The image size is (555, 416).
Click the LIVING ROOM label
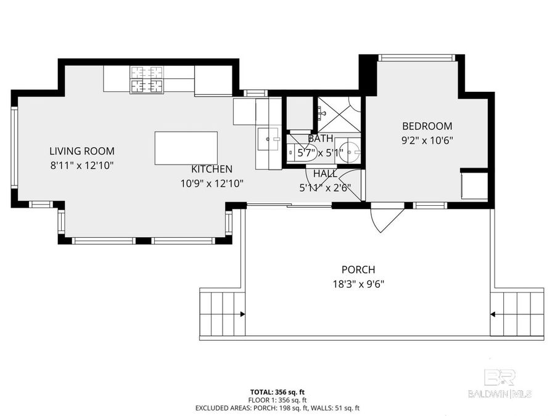[x=81, y=151]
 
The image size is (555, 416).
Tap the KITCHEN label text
[x=212, y=169]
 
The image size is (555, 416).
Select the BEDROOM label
[x=427, y=126]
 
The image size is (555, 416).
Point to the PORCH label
[x=358, y=269]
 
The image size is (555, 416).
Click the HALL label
[x=325, y=174]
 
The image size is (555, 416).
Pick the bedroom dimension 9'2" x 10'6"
[x=427, y=140]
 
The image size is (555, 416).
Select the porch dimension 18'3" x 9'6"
[x=358, y=283]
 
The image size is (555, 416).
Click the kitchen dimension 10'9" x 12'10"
[x=212, y=183]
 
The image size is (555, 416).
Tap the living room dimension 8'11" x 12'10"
[x=81, y=165]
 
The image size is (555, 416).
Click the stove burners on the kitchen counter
[x=147, y=80]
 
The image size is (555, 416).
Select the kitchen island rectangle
[x=186, y=148]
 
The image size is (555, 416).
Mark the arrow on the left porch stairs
[x=242, y=314]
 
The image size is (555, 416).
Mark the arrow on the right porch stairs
[x=493, y=314]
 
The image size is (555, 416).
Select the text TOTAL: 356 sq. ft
[x=277, y=392]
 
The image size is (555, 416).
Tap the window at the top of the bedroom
[x=417, y=58]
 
